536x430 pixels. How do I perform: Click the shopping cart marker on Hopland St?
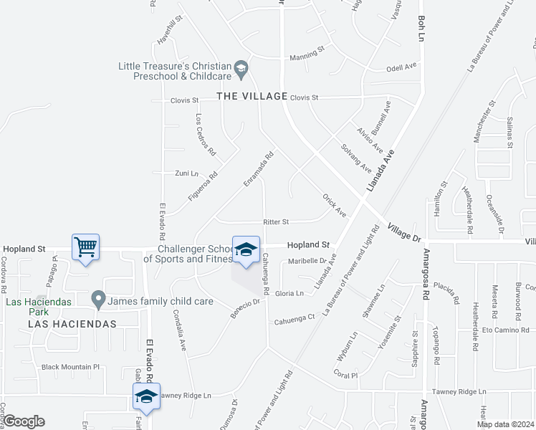tap(85, 248)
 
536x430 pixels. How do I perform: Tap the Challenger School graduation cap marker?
tap(245, 250)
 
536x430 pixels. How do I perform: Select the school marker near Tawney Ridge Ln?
tap(146, 396)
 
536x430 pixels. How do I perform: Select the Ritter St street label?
tap(276, 222)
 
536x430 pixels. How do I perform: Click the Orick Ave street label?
tap(334, 204)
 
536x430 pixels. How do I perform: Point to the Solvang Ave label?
tap(356, 158)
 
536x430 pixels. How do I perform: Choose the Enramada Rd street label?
tap(259, 168)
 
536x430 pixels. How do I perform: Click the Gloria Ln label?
tap(289, 294)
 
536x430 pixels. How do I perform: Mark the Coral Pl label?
tap(345, 373)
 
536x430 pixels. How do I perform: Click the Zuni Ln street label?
tap(186, 173)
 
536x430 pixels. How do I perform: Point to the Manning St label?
tap(307, 57)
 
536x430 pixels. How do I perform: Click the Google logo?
tap(24, 421)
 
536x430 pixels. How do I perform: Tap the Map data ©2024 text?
tap(504, 424)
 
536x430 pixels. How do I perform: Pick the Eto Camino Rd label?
tap(505, 330)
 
